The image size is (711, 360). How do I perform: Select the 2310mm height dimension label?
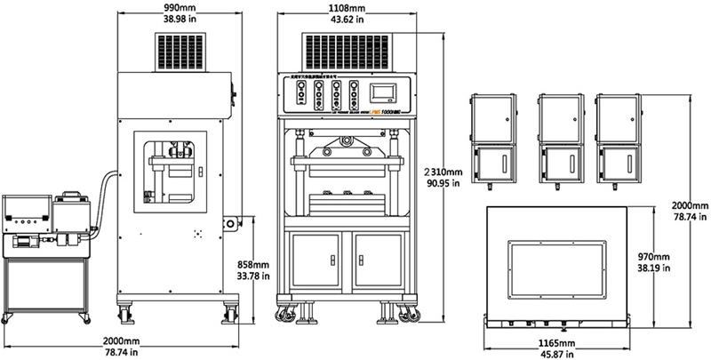[442, 171]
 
